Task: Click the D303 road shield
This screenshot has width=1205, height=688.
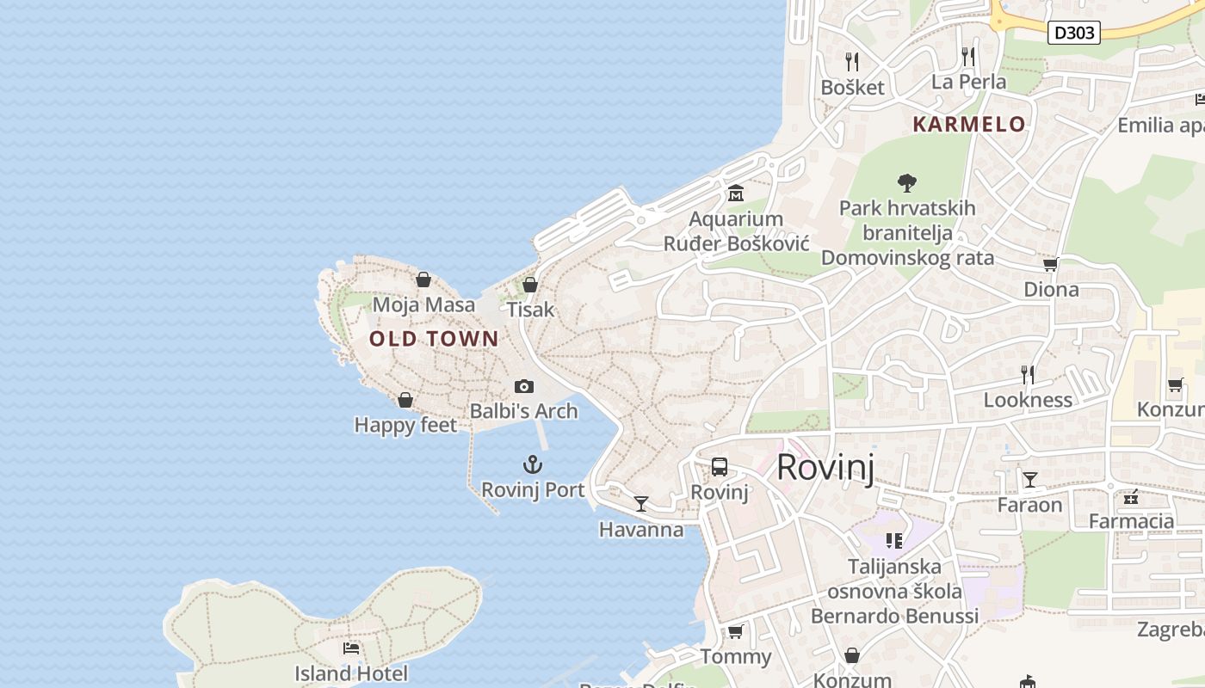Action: click(x=1075, y=33)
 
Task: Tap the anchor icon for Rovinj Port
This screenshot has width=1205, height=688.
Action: click(x=533, y=465)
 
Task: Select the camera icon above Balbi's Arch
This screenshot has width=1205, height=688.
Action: click(x=523, y=387)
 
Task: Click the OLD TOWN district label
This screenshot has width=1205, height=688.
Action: click(x=434, y=339)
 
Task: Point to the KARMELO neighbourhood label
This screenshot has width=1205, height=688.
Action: click(x=969, y=125)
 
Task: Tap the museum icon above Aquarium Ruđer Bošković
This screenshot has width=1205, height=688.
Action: click(x=735, y=193)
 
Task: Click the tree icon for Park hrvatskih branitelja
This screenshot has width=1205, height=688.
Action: click(x=906, y=182)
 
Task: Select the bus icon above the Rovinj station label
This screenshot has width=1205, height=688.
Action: click(x=720, y=467)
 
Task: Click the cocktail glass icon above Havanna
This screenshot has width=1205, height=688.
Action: click(x=640, y=504)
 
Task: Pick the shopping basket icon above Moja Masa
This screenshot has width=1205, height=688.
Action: click(x=423, y=279)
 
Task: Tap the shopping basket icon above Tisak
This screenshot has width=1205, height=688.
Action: click(x=530, y=284)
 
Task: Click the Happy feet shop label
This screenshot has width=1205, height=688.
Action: click(x=405, y=425)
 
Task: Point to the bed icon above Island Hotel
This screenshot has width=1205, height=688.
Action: click(x=351, y=648)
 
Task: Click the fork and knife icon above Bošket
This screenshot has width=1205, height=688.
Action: click(x=852, y=62)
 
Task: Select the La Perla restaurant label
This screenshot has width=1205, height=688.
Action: click(x=969, y=82)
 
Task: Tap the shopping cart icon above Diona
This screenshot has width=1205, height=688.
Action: click(x=1050, y=265)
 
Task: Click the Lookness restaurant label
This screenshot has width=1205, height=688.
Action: click(x=1028, y=400)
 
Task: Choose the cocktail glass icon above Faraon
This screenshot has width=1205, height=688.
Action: click(x=1029, y=479)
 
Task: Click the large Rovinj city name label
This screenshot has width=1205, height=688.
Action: click(x=825, y=468)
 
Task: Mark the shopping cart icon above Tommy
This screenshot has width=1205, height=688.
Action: click(x=735, y=632)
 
